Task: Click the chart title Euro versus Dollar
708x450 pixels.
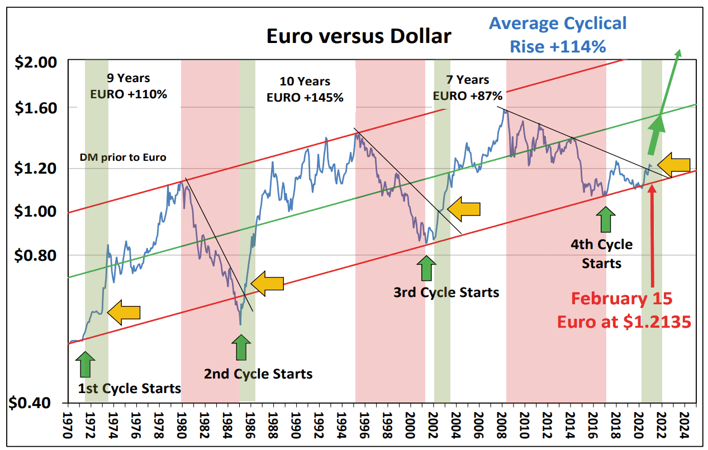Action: click(x=358, y=36)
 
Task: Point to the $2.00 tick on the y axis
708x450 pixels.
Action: click(x=35, y=61)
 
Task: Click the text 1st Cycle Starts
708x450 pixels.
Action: click(x=129, y=388)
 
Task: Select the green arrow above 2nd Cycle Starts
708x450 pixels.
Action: click(x=241, y=347)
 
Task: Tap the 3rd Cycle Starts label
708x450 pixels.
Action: click(x=446, y=291)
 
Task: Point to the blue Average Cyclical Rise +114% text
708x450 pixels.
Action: click(x=558, y=35)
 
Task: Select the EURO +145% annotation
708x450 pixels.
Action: click(x=305, y=97)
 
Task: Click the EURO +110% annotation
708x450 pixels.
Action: click(x=129, y=94)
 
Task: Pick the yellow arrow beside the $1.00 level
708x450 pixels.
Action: click(x=464, y=209)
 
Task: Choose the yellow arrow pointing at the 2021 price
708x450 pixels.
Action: click(x=673, y=164)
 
